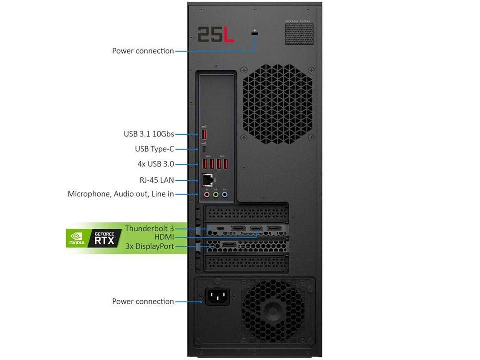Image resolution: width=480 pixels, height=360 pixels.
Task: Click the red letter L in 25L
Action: (x=229, y=34)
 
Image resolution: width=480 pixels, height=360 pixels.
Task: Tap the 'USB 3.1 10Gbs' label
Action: (x=149, y=134)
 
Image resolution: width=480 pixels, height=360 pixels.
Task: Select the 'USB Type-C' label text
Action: (x=154, y=149)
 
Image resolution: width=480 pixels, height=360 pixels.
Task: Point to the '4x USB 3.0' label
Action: (x=155, y=164)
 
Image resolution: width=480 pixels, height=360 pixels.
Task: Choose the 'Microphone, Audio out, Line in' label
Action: (x=121, y=194)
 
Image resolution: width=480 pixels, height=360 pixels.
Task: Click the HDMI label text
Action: (x=164, y=237)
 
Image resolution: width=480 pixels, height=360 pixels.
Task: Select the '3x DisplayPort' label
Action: (x=150, y=246)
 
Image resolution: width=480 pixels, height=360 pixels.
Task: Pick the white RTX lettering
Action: (x=105, y=241)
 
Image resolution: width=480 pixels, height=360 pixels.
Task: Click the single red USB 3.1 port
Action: (x=205, y=134)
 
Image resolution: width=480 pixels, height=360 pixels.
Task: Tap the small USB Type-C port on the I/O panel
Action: (x=205, y=149)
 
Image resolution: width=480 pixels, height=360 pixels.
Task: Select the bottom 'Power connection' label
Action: (x=143, y=301)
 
